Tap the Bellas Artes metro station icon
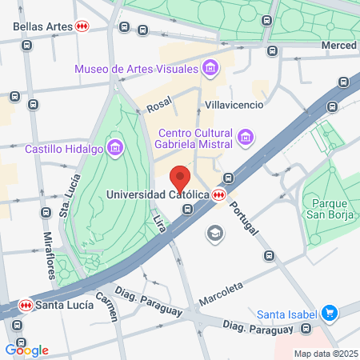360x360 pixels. (82, 26)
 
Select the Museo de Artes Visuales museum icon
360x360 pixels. (210, 68)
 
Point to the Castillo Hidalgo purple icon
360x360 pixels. (116, 147)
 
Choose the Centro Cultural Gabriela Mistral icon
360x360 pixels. (246, 139)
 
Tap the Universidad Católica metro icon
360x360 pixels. (218, 194)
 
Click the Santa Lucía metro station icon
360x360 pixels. (26, 305)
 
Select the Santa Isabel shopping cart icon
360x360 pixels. (328, 313)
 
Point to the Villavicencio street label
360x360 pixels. (234, 104)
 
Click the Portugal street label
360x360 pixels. (244, 216)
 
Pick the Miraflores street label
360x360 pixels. (49, 254)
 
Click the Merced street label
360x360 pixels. (338, 46)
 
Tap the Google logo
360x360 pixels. (26, 350)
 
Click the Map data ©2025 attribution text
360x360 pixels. (324, 354)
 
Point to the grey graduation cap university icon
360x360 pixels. (214, 233)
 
